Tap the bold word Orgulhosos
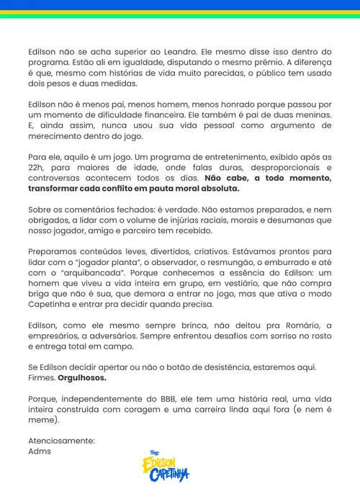tap(83, 377)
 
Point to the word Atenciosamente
tap(61, 440)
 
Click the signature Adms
tap(40, 451)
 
